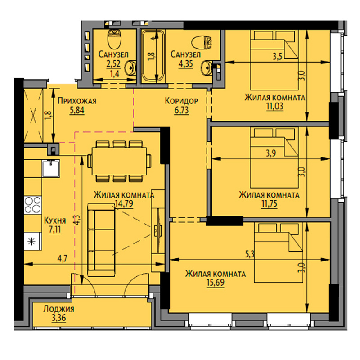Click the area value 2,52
113,64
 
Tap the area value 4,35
186,64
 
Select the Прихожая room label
77,101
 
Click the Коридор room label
181,101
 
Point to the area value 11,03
275,107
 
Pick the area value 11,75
269,204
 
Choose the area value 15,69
216,283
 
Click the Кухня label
55,220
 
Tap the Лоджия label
59,309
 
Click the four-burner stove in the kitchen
33,205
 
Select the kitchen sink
51,168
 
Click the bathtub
153,56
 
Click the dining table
119,162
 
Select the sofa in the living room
101,240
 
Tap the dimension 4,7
62,259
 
